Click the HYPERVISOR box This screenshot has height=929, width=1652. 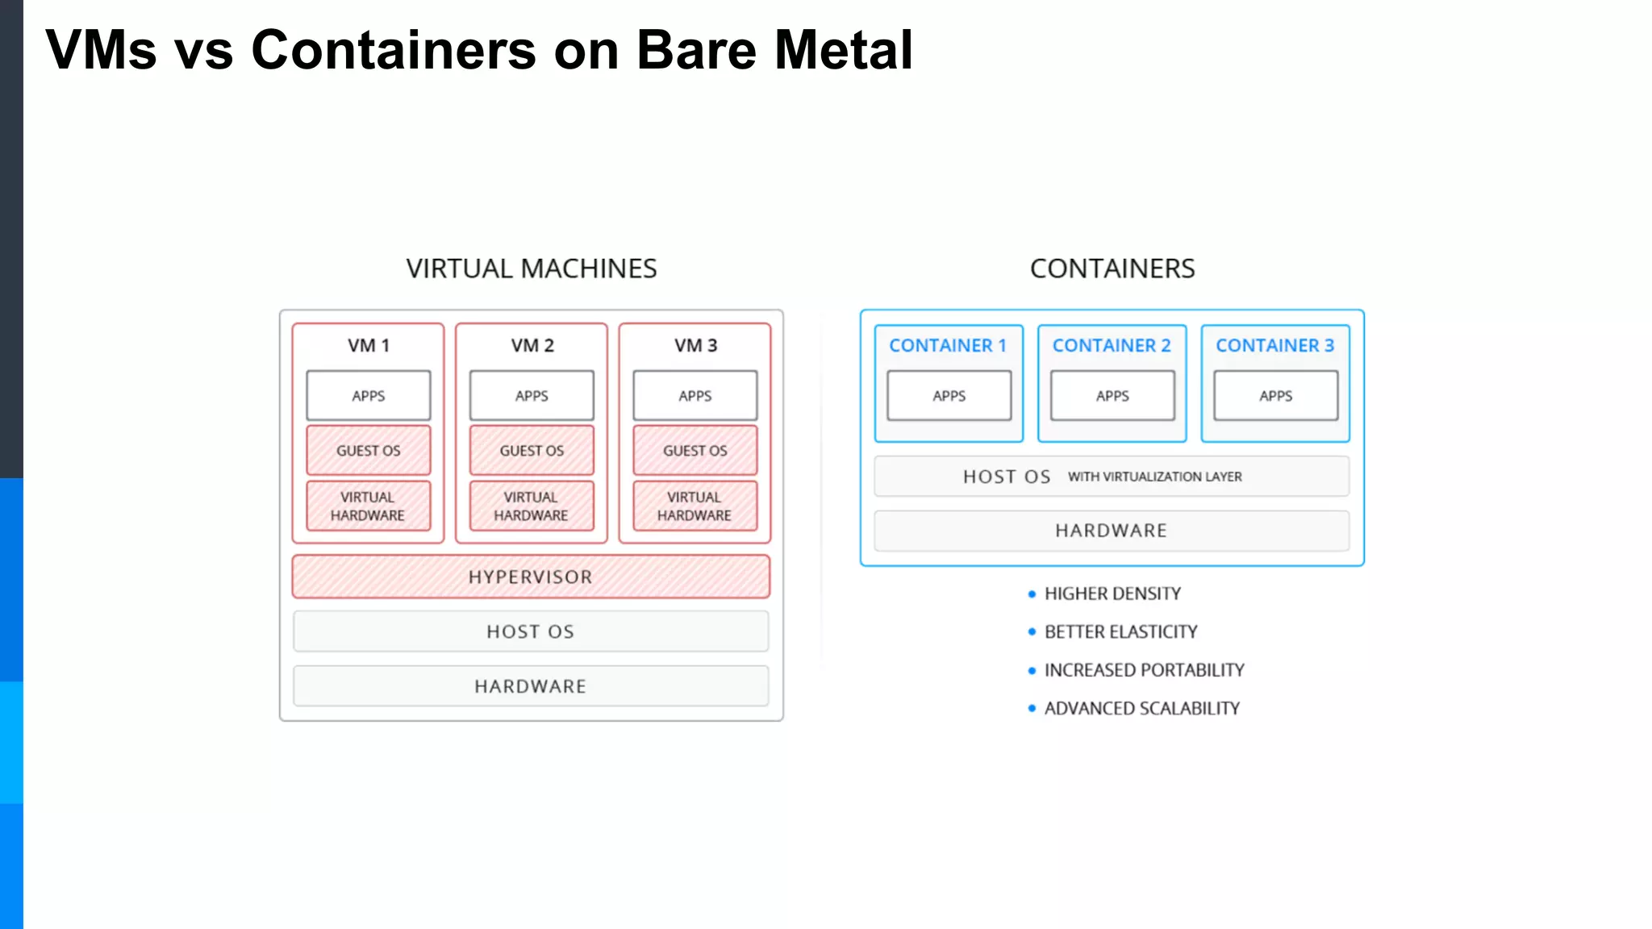coord(531,577)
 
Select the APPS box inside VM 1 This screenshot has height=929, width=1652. coord(369,395)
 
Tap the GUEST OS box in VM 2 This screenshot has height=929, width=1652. coord(532,450)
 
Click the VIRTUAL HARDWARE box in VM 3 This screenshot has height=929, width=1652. coord(695,506)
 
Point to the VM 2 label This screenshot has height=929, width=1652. coord(532,345)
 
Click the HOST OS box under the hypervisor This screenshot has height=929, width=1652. coord(531,631)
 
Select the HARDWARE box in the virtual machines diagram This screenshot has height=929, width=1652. coord(531,686)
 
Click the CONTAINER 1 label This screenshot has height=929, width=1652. coord(948,345)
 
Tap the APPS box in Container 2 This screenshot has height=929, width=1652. coord(1112,395)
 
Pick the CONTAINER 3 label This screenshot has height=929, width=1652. coord(1274,345)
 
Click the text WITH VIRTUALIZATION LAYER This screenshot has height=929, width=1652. coord(1154,477)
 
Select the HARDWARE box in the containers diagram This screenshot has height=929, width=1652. coord(1112,531)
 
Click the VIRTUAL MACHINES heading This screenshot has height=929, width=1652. coord(532,269)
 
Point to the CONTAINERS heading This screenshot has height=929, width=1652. coord(1112,269)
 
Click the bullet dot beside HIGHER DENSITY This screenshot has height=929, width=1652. coord(1032,594)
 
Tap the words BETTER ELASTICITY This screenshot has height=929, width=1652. coord(1120,631)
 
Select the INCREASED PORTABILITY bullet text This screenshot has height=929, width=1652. coord(1144,670)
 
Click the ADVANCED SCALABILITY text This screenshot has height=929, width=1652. coord(1141,708)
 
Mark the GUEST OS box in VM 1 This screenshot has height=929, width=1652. coord(369,450)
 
